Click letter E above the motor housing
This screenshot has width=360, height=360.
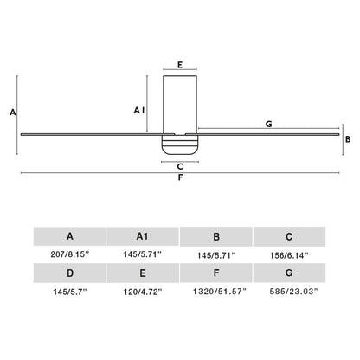pyautogui.click(x=179, y=64)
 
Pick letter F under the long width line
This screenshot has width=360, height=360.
pyautogui.click(x=179, y=179)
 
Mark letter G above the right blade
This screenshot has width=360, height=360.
pyautogui.click(x=269, y=125)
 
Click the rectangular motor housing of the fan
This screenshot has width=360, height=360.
pyautogui.click(x=179, y=102)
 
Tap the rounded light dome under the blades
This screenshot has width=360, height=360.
pyautogui.click(x=179, y=145)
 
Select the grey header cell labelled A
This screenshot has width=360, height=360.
pyautogui.click(x=69, y=235)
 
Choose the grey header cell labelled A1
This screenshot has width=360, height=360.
pyautogui.click(x=142, y=235)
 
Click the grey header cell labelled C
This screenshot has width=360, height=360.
pyautogui.click(x=288, y=235)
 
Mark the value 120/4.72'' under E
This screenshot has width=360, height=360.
pyautogui.click(x=142, y=292)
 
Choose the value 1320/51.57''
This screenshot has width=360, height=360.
pyautogui.click(x=215, y=292)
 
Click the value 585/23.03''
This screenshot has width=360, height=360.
pyautogui.click(x=288, y=292)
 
